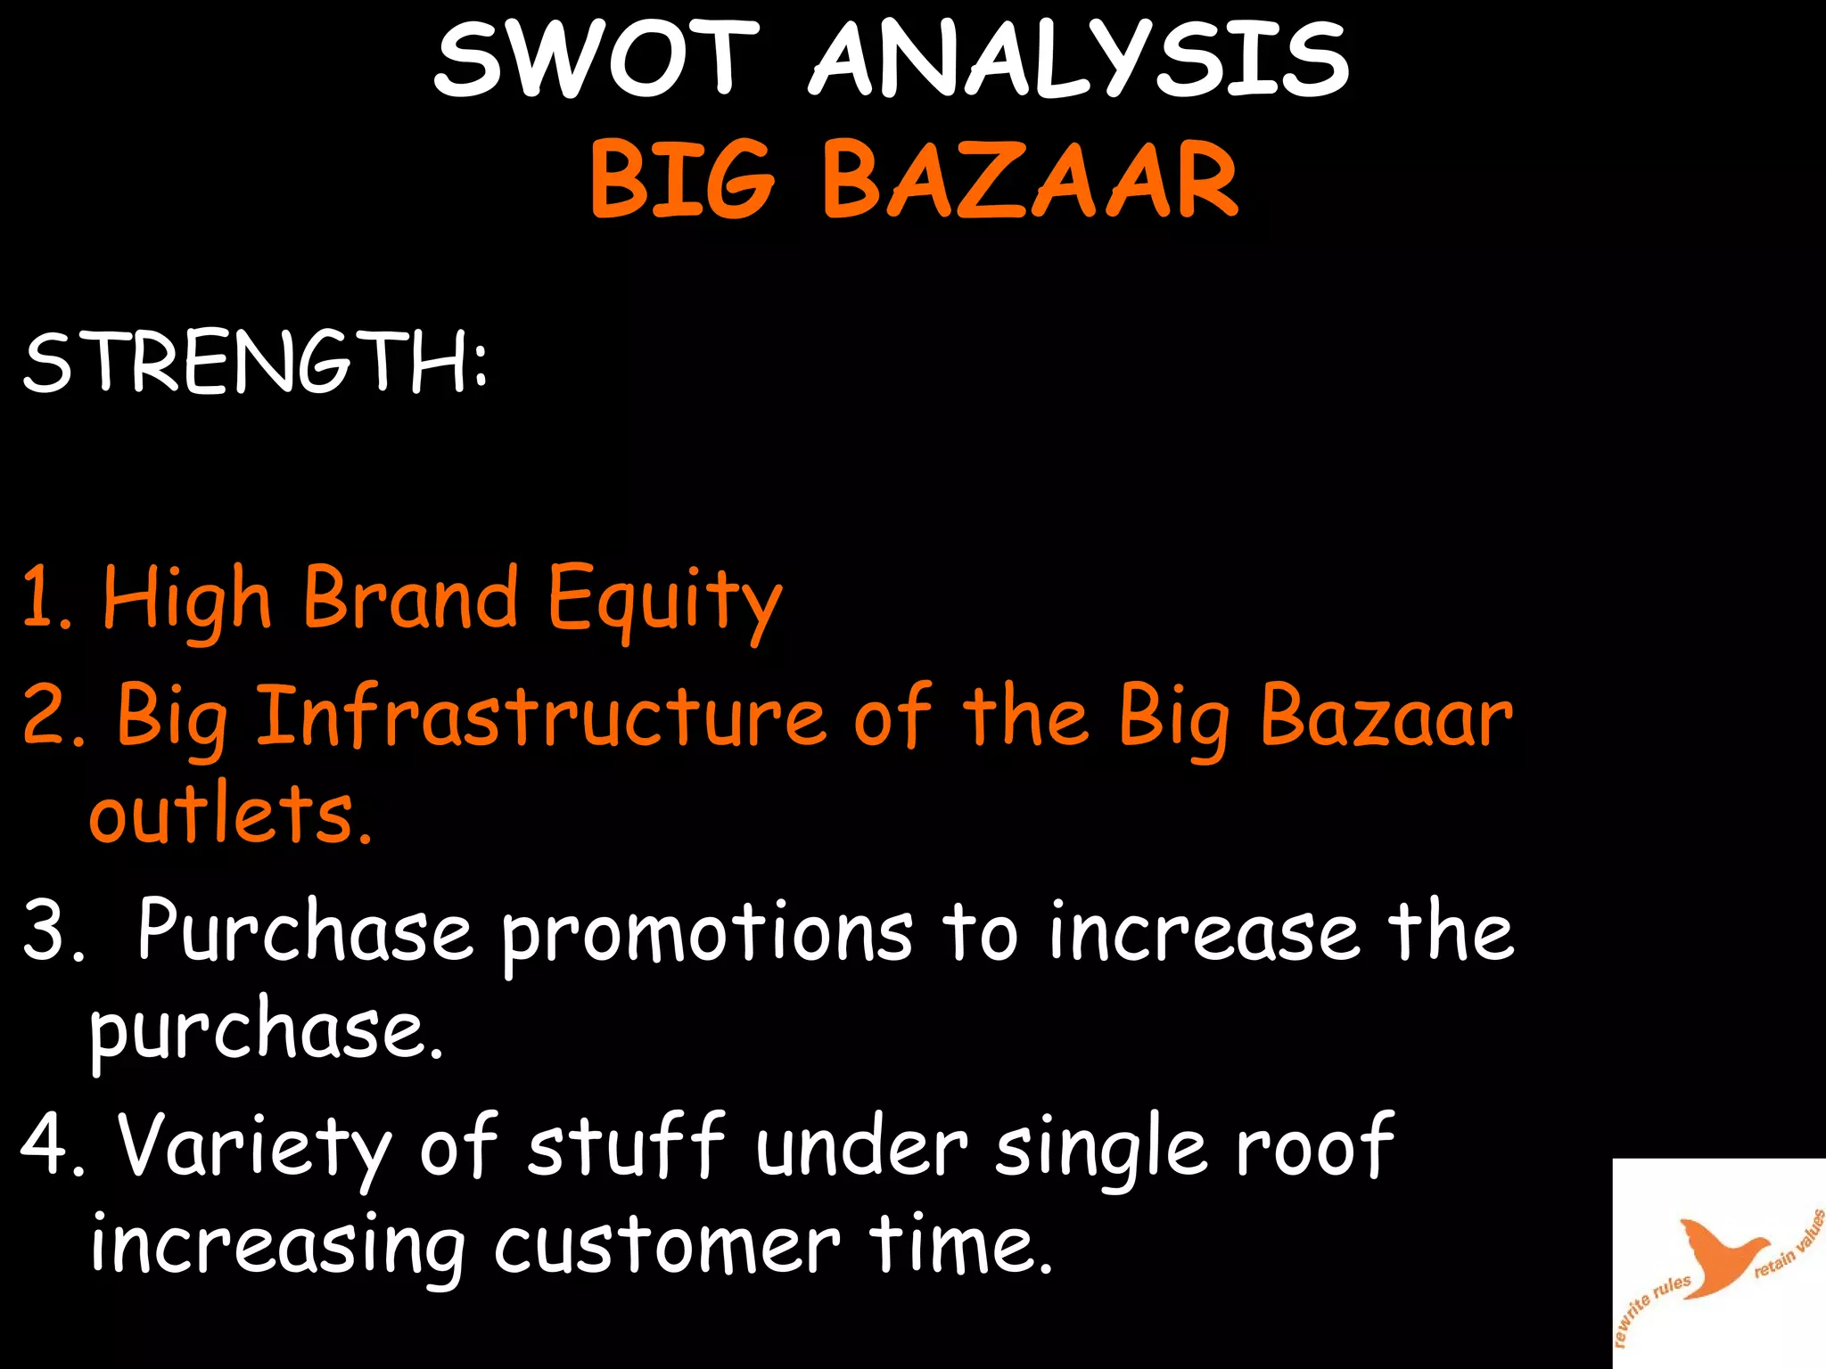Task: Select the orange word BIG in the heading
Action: pyautogui.click(x=682, y=180)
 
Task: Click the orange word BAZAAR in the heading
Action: pyautogui.click(x=1030, y=180)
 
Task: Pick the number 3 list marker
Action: pyautogui.click(x=52, y=930)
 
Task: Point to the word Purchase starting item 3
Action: pyautogui.click(x=304, y=930)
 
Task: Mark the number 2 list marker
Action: pyautogui.click(x=52, y=715)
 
